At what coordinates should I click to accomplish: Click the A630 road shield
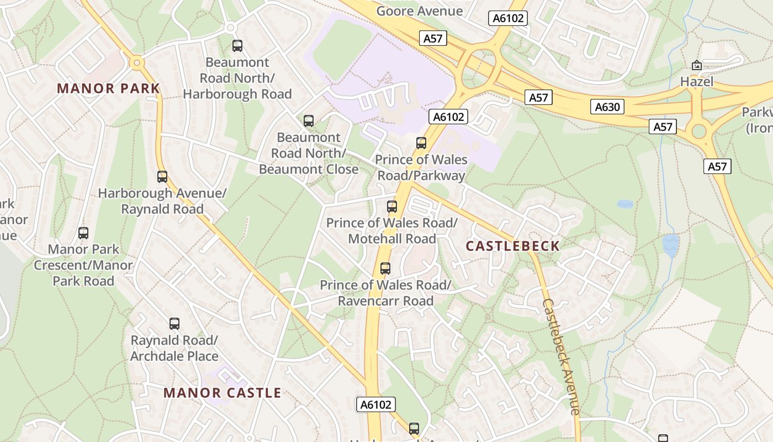click(607, 107)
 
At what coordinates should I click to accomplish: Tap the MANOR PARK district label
click(108, 88)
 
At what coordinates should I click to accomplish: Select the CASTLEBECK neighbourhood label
click(512, 246)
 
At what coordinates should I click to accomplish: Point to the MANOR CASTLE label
click(223, 393)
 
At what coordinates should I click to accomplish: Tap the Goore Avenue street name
click(420, 11)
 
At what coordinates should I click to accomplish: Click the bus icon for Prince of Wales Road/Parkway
click(421, 143)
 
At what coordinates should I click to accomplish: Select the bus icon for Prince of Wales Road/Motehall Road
click(392, 207)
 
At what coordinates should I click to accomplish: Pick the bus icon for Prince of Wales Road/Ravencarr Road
click(385, 269)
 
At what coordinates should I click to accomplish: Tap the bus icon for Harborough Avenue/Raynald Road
click(162, 177)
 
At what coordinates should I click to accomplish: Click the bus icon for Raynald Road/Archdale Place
click(174, 324)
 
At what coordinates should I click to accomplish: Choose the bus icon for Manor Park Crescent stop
click(83, 233)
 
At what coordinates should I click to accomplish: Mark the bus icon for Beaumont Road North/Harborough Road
click(237, 46)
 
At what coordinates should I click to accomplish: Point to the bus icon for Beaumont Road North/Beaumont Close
click(309, 120)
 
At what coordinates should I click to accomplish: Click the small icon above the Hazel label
click(697, 65)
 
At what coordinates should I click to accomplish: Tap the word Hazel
click(697, 82)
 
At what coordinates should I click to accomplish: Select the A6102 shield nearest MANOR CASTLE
click(375, 404)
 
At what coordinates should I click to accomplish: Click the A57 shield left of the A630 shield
click(538, 98)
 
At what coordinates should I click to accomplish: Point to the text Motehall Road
click(392, 239)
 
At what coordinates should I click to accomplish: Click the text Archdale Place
click(174, 356)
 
